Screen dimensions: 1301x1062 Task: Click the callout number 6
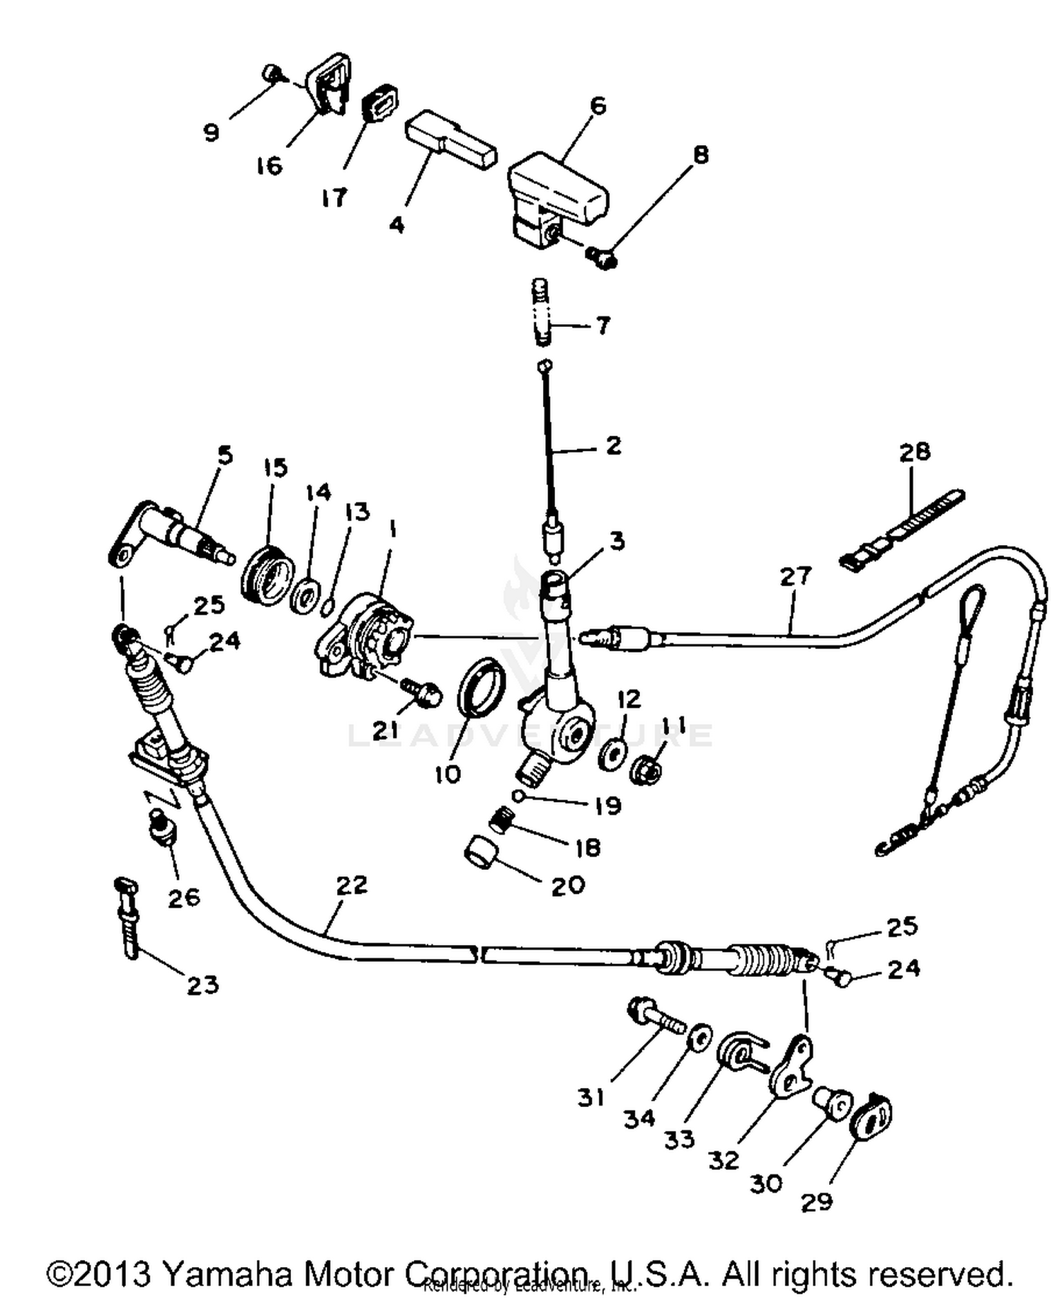(598, 106)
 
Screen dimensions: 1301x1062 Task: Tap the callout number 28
(914, 452)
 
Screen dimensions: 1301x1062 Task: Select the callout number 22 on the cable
(352, 885)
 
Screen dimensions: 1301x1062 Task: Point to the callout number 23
(202, 985)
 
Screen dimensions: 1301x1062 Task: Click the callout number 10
(447, 774)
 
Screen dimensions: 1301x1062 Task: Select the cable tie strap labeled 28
(903, 529)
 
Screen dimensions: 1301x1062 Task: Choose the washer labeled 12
(612, 755)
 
